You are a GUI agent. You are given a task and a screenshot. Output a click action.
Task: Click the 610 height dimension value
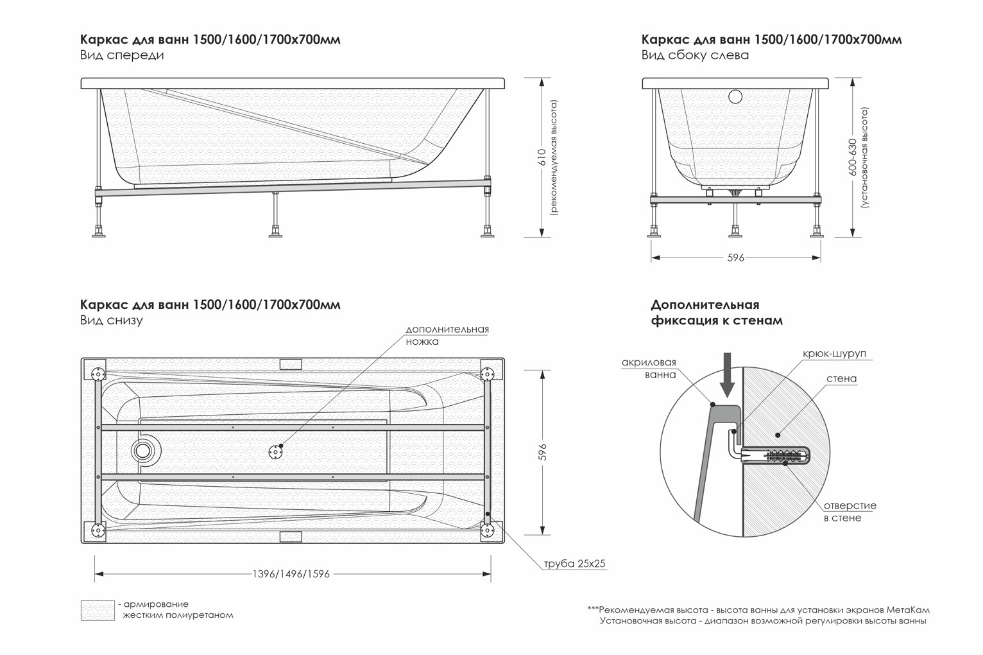click(542, 158)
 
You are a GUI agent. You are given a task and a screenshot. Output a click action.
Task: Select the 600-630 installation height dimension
click(852, 157)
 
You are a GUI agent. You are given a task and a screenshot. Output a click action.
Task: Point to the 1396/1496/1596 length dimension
click(291, 574)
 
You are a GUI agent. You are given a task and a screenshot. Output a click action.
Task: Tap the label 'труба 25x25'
click(574, 564)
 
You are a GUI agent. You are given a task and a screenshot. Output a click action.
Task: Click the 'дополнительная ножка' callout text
click(447, 335)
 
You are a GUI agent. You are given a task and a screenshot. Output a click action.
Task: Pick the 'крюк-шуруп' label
click(834, 354)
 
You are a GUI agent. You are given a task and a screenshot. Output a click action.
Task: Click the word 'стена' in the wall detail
click(841, 379)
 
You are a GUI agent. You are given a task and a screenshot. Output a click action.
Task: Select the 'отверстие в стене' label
click(850, 512)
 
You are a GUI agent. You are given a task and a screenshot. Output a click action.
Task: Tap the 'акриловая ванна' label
click(649, 369)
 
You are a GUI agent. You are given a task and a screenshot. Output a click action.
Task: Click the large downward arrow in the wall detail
click(726, 375)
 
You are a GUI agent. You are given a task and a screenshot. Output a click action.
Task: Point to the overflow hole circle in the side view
click(735, 97)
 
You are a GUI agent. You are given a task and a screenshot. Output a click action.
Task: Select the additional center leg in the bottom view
click(276, 451)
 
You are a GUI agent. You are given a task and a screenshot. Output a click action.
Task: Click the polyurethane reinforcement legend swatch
click(98, 610)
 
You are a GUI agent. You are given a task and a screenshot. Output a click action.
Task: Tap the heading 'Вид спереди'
click(122, 55)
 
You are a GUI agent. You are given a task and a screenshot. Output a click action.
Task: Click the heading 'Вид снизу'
click(112, 320)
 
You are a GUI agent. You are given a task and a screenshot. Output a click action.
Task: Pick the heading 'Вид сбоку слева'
click(695, 55)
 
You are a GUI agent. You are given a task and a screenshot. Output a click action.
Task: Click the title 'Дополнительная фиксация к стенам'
click(716, 312)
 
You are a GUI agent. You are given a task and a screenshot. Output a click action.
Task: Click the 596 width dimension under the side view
click(735, 258)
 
